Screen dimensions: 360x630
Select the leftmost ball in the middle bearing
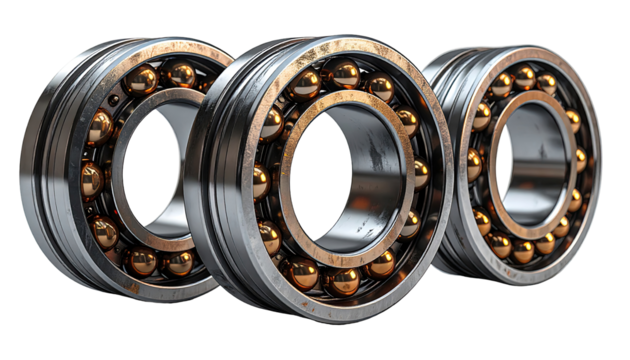(262, 182)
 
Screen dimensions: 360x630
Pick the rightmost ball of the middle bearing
(421, 172)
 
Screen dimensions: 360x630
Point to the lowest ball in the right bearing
(523, 251)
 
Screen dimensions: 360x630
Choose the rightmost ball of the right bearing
(581, 160)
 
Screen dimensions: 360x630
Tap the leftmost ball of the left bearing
(91, 180)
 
